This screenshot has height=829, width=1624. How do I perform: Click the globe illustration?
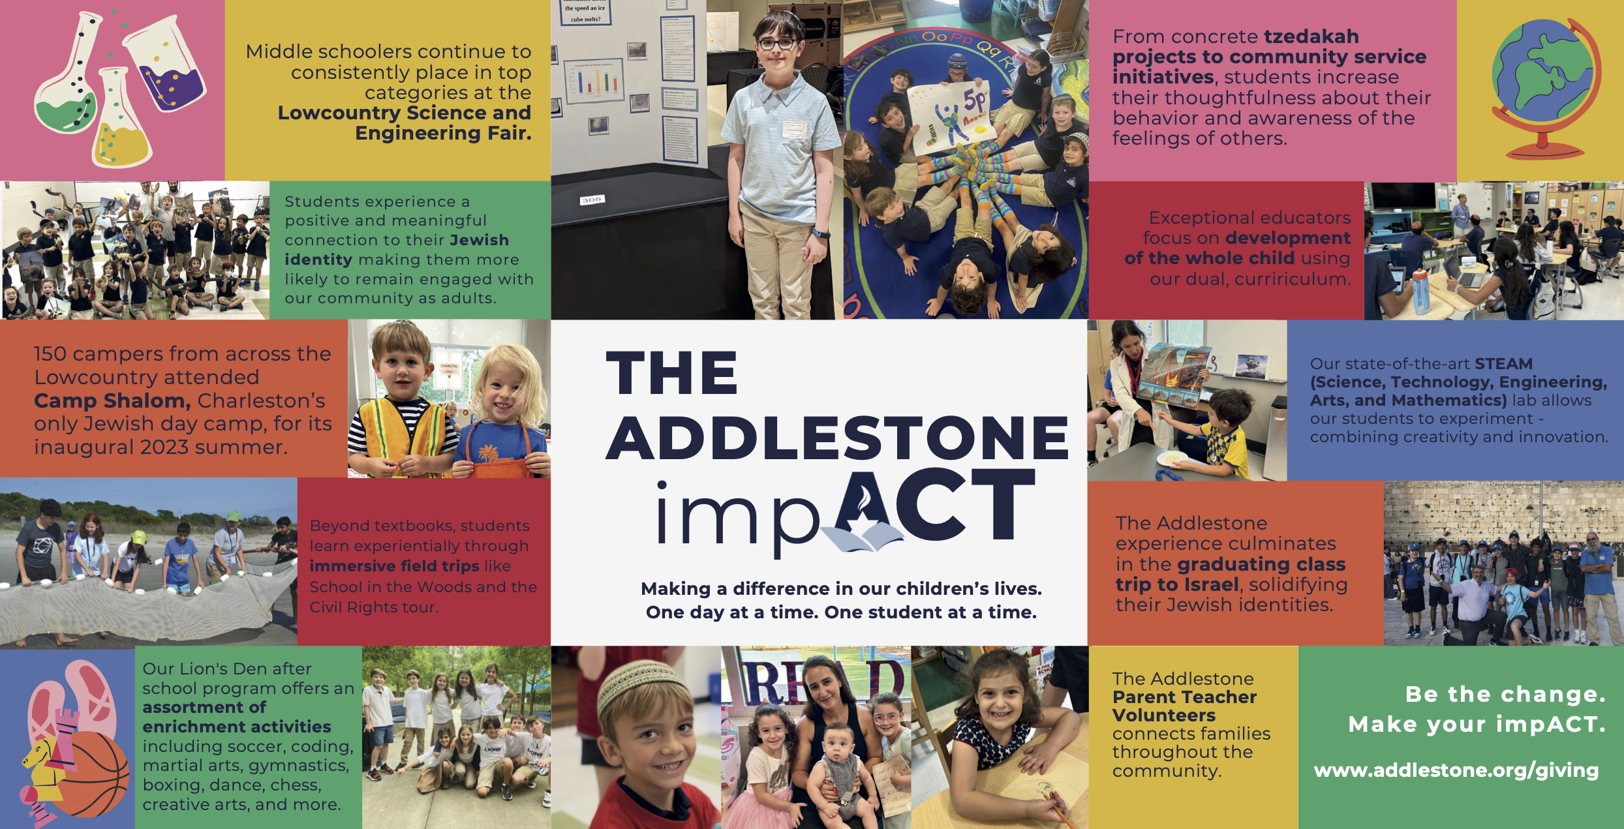click(1545, 89)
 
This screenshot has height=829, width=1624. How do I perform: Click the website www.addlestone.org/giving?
click(1456, 770)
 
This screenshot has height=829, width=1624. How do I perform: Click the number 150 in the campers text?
click(50, 354)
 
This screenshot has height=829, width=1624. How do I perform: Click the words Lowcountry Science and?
click(405, 113)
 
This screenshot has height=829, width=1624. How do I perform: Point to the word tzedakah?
click(1311, 37)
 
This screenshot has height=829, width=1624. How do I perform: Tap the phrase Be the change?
click(1505, 694)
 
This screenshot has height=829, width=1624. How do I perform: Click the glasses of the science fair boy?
click(777, 44)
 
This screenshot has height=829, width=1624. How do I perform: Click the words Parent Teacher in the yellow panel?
click(1184, 697)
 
